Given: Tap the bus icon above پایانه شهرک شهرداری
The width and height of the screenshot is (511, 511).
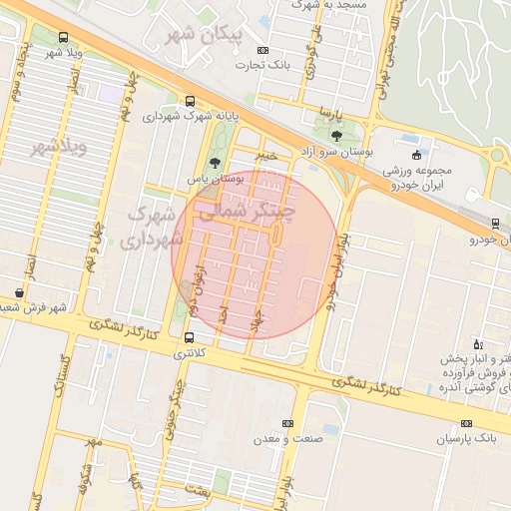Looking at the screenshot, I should pyautogui.click(x=190, y=101).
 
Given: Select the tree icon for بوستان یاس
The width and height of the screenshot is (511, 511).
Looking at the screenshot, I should pyautogui.click(x=214, y=163).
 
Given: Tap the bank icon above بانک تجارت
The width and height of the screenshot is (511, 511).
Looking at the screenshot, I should pyautogui.click(x=262, y=50).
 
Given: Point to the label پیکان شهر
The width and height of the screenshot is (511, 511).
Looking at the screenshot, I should pyautogui.click(x=207, y=34).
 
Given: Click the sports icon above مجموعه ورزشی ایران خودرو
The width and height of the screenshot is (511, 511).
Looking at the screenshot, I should pyautogui.click(x=416, y=155).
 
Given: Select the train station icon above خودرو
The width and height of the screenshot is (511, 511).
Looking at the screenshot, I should pyautogui.click(x=496, y=224).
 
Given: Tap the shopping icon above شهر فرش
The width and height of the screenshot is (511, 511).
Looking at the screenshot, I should pyautogui.click(x=20, y=292).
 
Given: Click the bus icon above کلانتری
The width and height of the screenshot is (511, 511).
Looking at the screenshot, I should pyautogui.click(x=190, y=337).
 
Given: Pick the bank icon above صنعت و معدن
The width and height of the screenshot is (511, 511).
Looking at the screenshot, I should pyautogui.click(x=287, y=423).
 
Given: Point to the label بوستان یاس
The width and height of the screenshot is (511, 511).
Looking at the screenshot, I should pyautogui.click(x=216, y=178).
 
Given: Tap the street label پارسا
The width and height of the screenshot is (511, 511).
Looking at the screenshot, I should pyautogui.click(x=330, y=112).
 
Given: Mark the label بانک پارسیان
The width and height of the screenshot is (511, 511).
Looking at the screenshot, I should pyautogui.click(x=465, y=438).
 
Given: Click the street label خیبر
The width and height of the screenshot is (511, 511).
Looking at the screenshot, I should pyautogui.click(x=264, y=155).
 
